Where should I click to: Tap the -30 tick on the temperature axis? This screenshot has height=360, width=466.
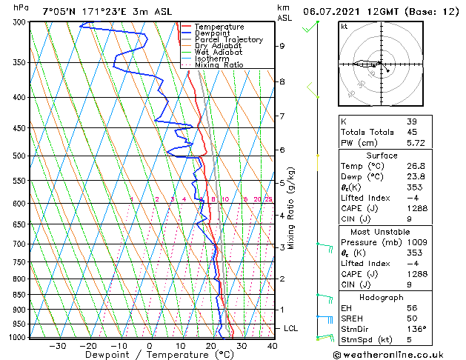tap(58, 345)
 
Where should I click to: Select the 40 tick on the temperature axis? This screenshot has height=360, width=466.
tap(273, 345)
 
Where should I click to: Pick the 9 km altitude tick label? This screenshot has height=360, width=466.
tap(282, 46)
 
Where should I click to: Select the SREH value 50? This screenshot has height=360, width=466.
tap(412, 318)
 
